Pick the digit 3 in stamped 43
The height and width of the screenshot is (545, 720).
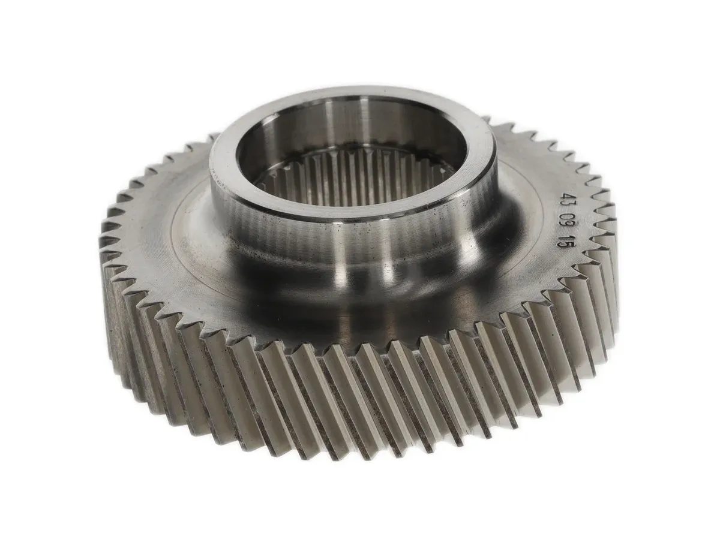(566, 204)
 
